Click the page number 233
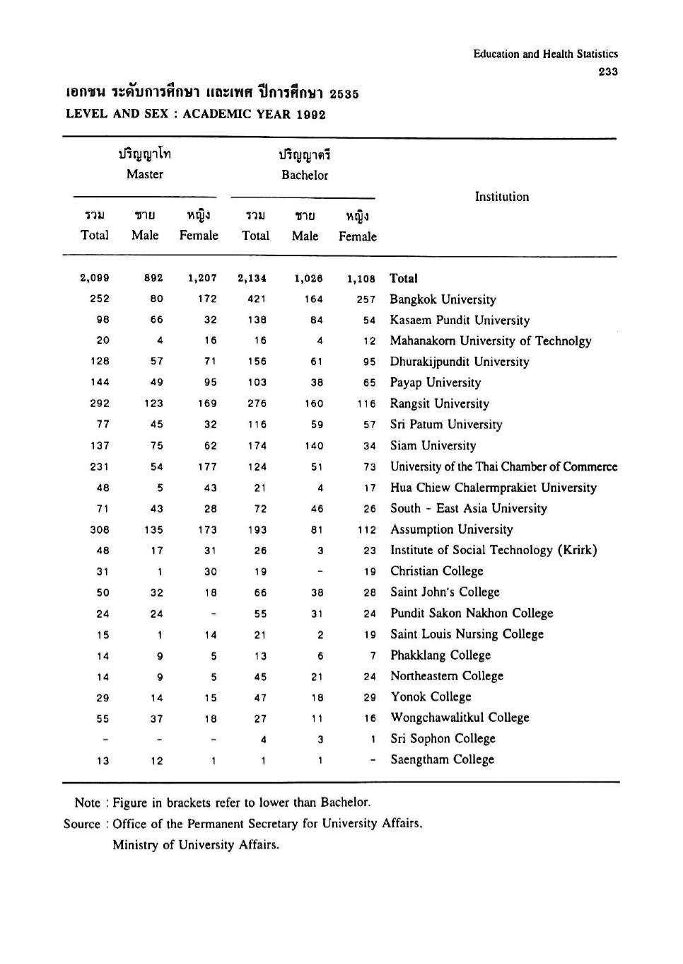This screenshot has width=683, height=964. [x=607, y=71]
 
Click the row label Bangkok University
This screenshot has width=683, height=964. [x=443, y=299]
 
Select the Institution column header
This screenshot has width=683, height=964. [x=501, y=197]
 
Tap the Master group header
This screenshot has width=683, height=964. [x=145, y=174]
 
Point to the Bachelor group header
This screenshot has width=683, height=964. [x=305, y=175]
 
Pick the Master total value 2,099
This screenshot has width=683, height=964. [x=95, y=278]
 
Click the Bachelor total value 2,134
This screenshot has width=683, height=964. [x=252, y=278]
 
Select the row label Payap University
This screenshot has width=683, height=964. [x=435, y=382]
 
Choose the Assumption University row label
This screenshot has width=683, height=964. [x=451, y=529]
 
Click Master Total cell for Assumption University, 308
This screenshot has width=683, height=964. [x=100, y=529]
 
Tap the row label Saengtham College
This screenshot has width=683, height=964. [x=442, y=759]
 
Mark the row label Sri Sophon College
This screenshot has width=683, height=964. [x=443, y=738]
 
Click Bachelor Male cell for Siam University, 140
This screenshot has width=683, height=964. [x=314, y=446]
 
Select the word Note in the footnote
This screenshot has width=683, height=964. [x=88, y=803]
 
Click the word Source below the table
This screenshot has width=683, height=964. [x=82, y=824]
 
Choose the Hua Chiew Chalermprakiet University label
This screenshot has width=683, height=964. [x=493, y=488]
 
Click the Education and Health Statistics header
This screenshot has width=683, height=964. [x=545, y=54]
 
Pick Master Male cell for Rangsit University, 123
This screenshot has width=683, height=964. [x=153, y=403]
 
